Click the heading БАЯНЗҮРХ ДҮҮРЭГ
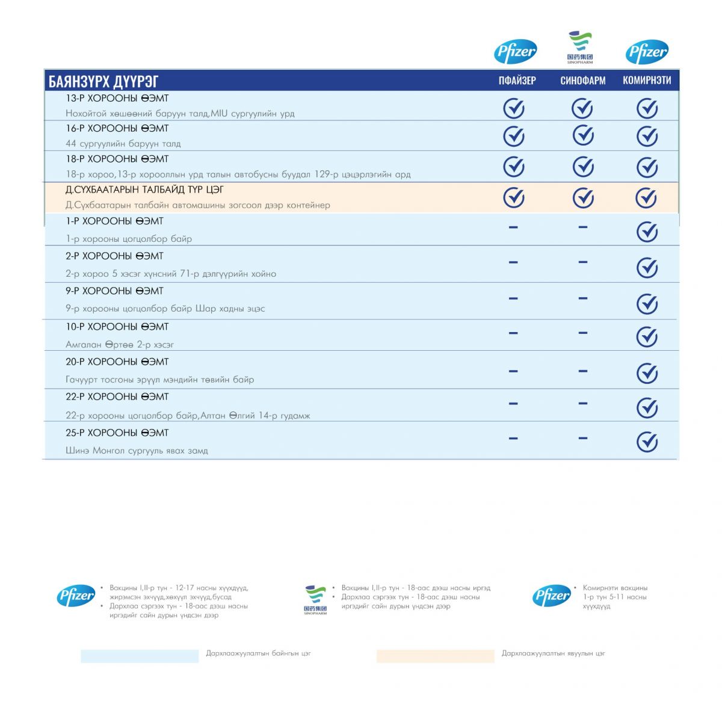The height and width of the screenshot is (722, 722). point(103,81)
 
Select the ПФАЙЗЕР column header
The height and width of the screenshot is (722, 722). point(517,81)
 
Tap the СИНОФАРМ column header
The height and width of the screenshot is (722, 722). point(582,81)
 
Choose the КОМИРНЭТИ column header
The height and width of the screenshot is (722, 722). point(647,81)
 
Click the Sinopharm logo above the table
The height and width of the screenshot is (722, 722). point(580,48)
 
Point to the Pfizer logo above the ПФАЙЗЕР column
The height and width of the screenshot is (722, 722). point(515,52)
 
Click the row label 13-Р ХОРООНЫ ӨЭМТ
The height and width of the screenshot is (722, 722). point(117,98)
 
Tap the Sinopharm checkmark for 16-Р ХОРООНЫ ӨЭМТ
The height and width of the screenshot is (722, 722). point(582,135)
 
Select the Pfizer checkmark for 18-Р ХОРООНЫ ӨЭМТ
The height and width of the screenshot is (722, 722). point(514,167)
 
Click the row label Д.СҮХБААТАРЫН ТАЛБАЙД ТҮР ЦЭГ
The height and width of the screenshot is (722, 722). point(144,190)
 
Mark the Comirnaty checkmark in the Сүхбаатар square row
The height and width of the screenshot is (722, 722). point(646,198)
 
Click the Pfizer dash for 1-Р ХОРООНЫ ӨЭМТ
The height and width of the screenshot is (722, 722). point(513,227)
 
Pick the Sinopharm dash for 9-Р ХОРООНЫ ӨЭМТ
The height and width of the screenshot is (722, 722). point(582,298)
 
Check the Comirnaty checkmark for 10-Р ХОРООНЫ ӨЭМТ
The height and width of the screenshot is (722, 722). point(647,337)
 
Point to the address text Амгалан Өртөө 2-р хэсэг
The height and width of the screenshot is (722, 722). point(120,345)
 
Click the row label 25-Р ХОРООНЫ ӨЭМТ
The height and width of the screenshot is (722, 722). point(117,433)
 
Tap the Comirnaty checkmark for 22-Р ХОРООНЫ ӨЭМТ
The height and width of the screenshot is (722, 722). point(647,408)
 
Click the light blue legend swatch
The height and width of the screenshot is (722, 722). point(140,656)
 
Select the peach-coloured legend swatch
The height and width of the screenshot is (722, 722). point(435,656)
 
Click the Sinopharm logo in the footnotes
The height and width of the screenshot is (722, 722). point(315,600)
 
